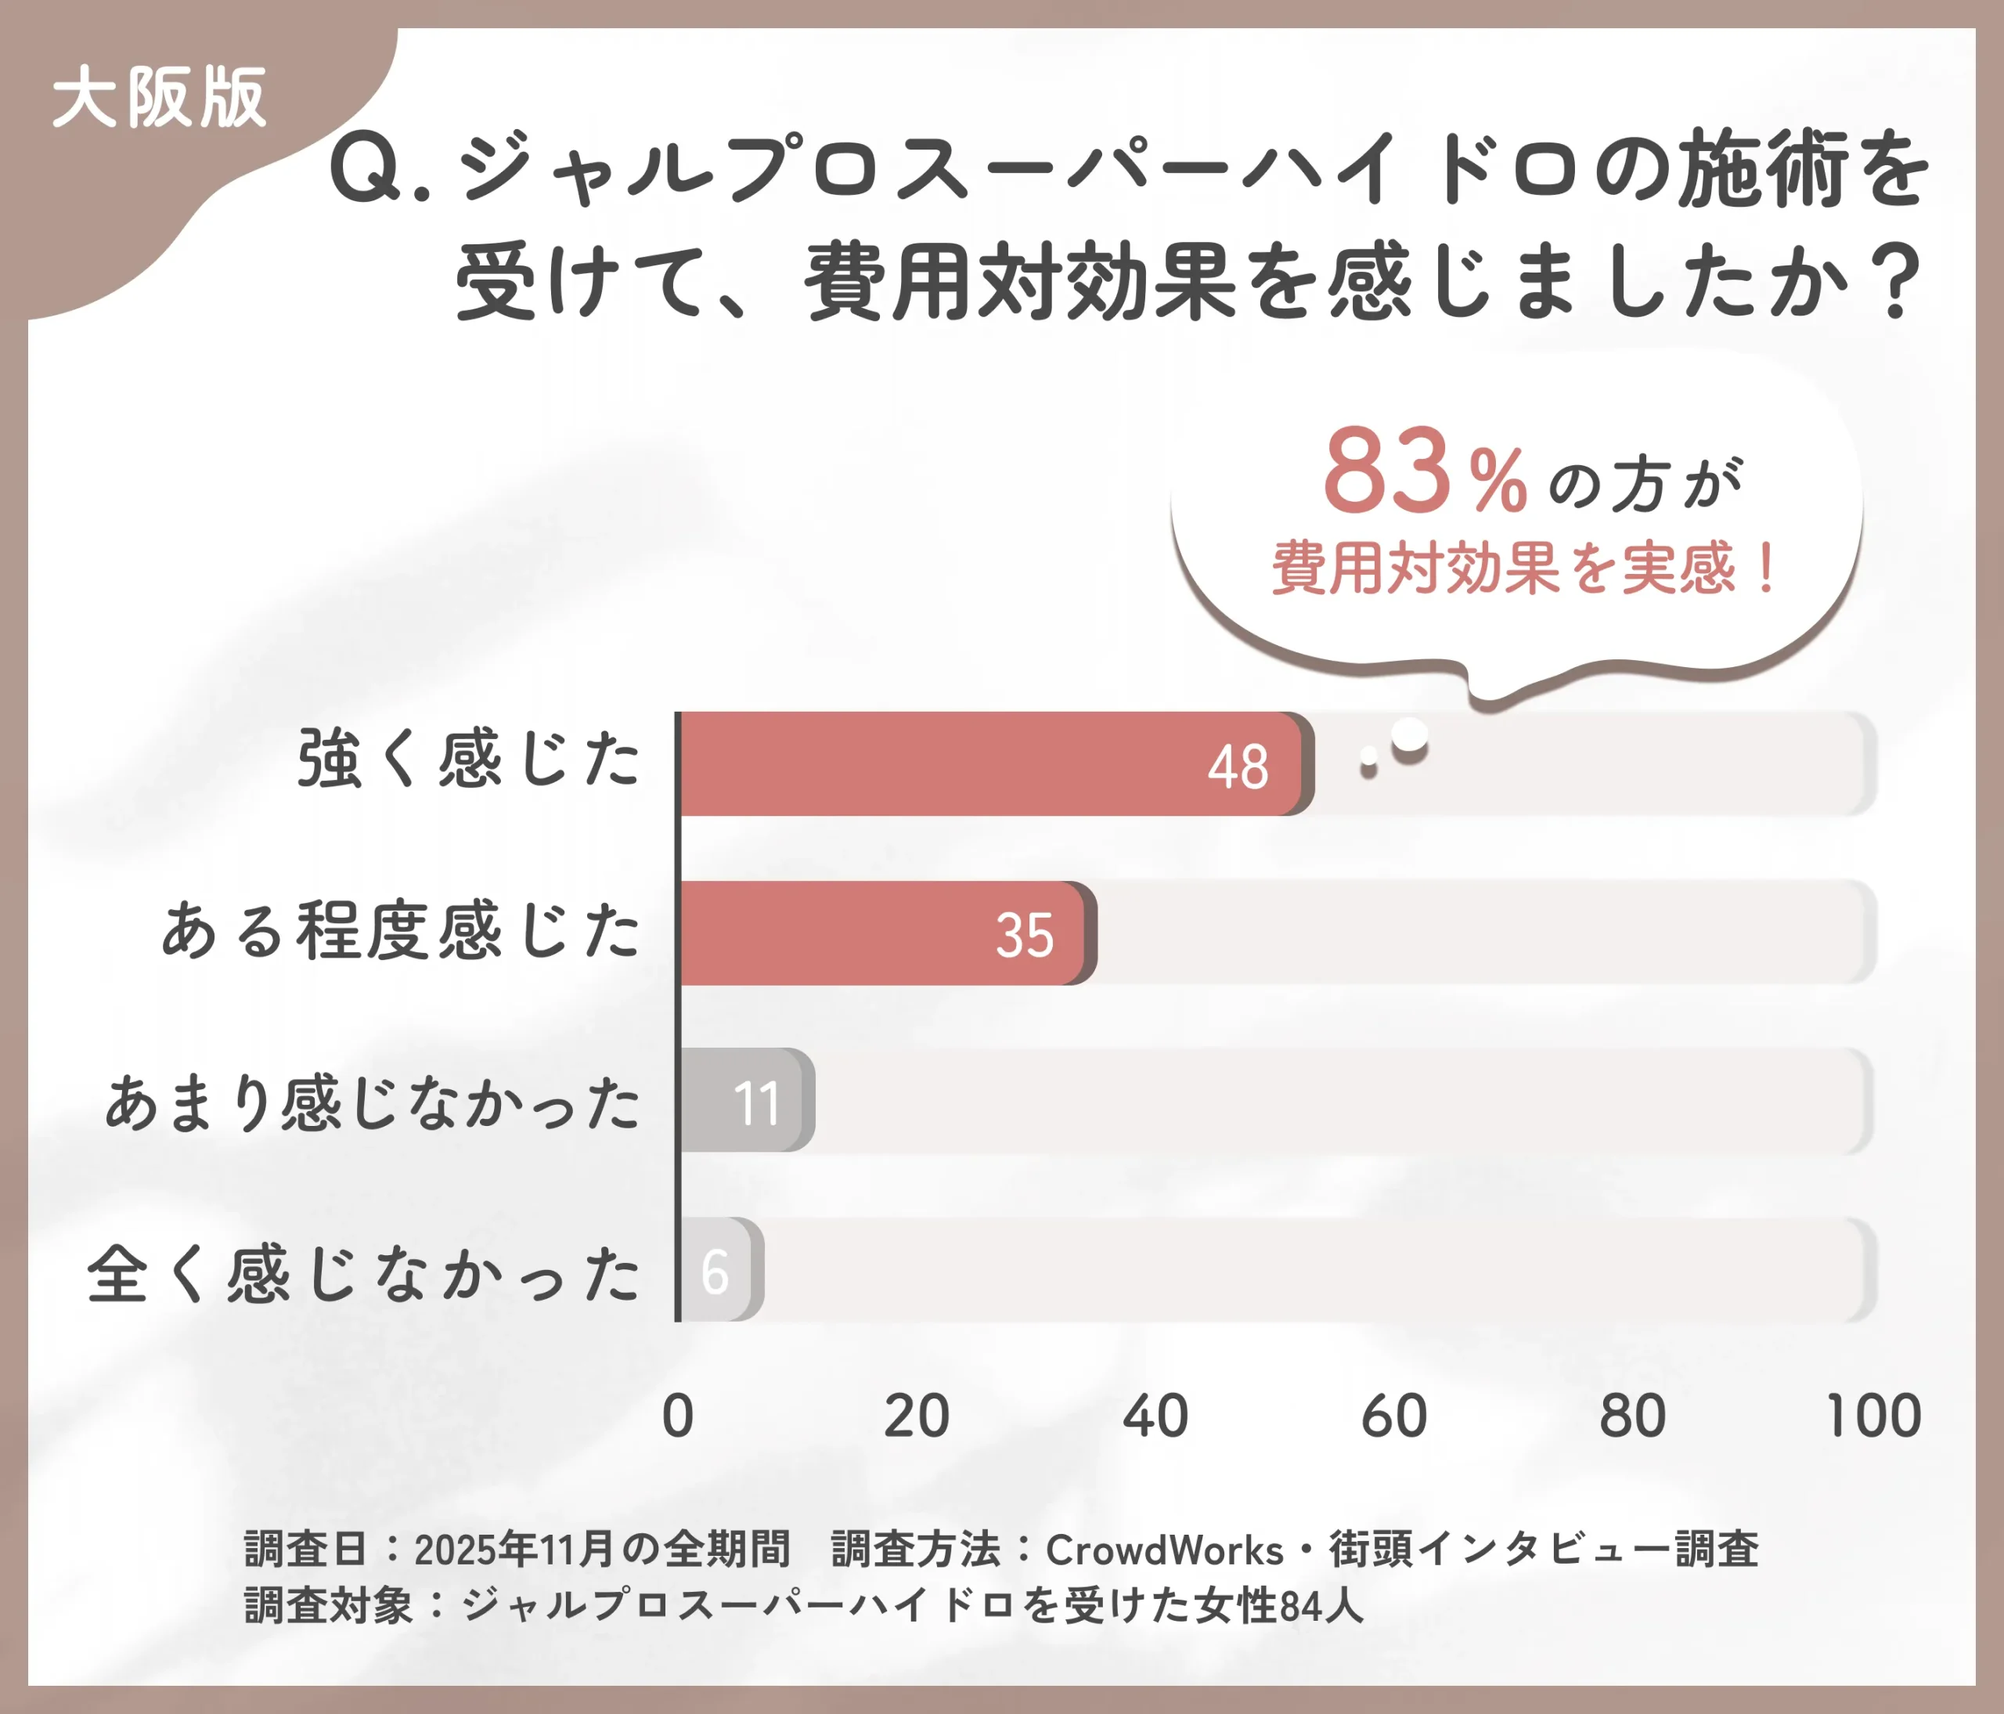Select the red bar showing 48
click(x=991, y=764)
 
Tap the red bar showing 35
click(x=885, y=933)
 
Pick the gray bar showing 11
click(x=744, y=1101)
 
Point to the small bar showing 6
click(x=718, y=1270)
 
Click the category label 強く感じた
click(x=468, y=760)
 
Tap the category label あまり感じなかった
click(x=373, y=1102)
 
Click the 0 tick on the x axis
click(x=678, y=1416)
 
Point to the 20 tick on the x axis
click(x=916, y=1416)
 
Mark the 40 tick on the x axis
click(x=1155, y=1416)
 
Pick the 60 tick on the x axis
click(x=1393, y=1416)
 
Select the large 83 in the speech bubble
click(x=1386, y=472)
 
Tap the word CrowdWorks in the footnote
click(x=1163, y=1550)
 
